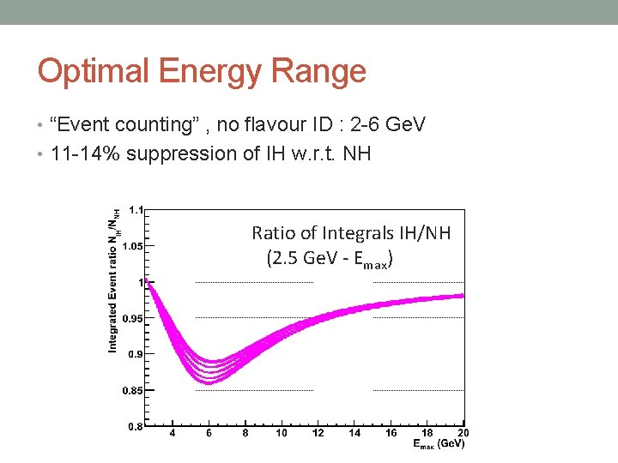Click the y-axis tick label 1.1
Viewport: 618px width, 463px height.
(x=136, y=208)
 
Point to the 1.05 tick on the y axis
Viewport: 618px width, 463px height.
(x=133, y=245)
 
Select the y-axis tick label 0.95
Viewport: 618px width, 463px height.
(x=133, y=318)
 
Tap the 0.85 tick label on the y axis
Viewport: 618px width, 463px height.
(x=133, y=391)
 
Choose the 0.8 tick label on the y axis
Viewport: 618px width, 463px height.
(x=136, y=427)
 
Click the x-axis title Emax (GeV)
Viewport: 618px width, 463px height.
(x=439, y=445)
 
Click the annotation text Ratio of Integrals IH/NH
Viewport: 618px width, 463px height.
(x=351, y=232)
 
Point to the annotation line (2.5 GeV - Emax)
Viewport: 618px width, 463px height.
(x=330, y=258)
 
